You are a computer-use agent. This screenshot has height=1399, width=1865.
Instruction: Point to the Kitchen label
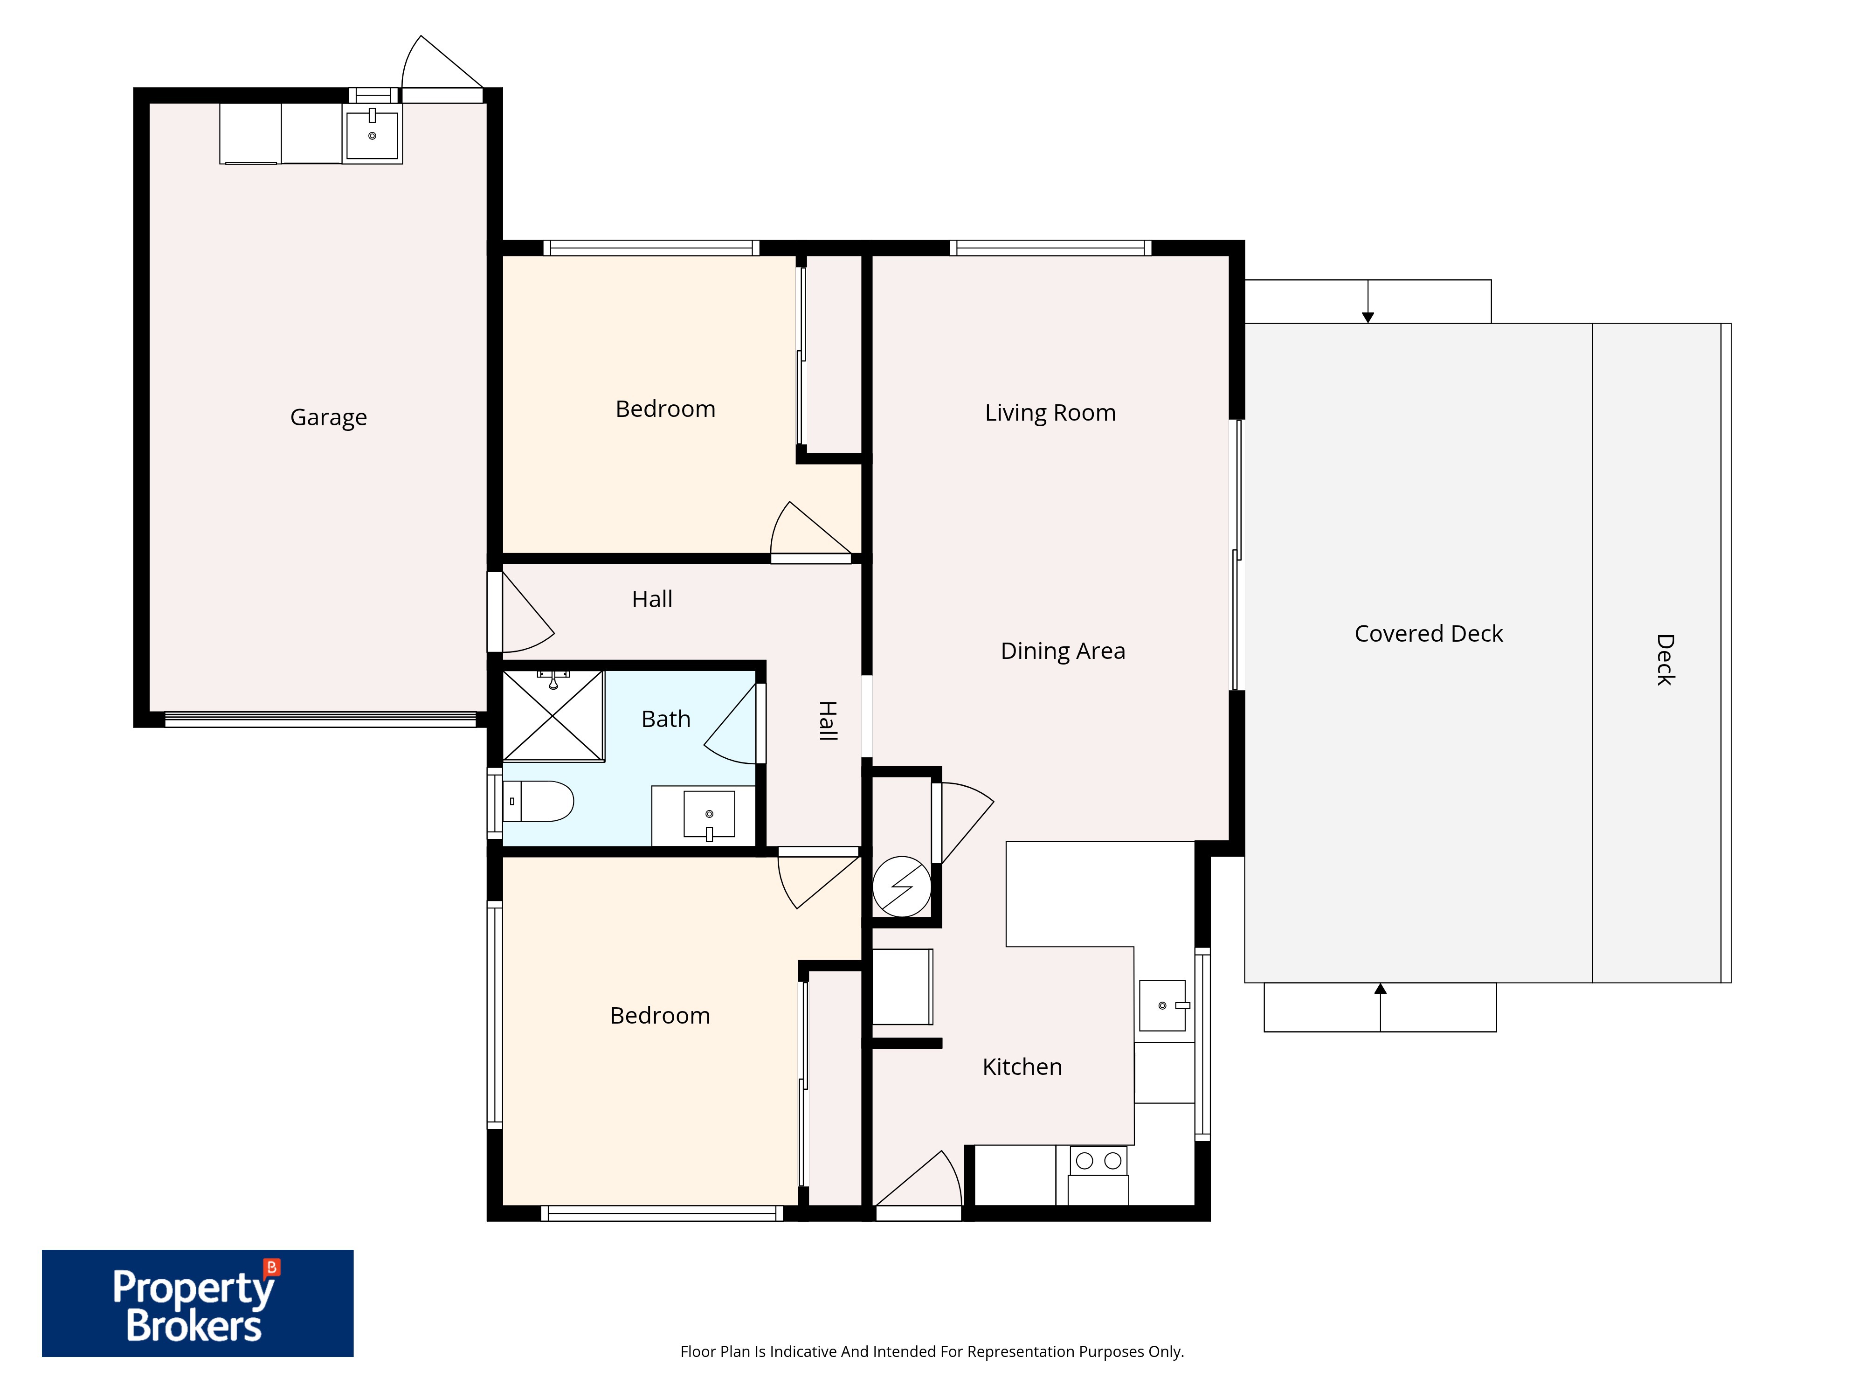pyautogui.click(x=1022, y=1067)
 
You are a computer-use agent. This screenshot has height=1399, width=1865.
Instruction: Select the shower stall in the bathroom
pyautogui.click(x=553, y=716)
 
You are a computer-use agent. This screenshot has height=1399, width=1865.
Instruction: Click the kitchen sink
pyautogui.click(x=1163, y=1005)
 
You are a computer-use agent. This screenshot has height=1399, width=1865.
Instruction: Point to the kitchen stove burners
pyautogui.click(x=1098, y=1160)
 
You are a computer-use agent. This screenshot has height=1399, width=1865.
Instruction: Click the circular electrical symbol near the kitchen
pyautogui.click(x=901, y=886)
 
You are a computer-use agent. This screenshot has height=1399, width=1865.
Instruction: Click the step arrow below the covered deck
pyautogui.click(x=1380, y=1007)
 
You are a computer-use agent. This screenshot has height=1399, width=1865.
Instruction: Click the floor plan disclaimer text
pyautogui.click(x=932, y=1352)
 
